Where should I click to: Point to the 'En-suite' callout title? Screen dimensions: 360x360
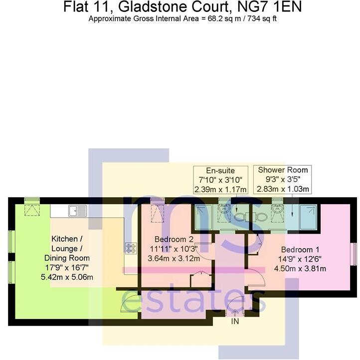click(x=220, y=170)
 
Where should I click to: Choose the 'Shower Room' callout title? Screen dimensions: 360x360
click(x=283, y=170)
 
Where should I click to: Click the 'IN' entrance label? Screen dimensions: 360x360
click(x=235, y=323)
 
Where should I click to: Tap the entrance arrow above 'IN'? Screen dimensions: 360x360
click(x=235, y=312)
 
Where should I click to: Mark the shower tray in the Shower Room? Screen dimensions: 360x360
click(x=308, y=216)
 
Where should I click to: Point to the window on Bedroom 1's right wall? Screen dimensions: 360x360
click(x=354, y=254)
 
